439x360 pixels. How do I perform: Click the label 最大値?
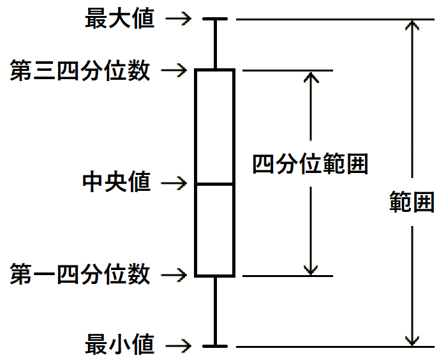point(120,19)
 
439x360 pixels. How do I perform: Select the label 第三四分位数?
point(80,70)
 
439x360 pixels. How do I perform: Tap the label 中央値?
point(117,183)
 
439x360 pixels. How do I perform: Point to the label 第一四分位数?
point(80,275)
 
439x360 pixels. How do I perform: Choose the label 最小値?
point(120,345)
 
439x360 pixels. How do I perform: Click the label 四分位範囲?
point(310,165)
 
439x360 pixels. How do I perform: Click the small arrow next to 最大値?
point(178,19)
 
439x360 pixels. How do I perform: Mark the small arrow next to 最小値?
point(178,346)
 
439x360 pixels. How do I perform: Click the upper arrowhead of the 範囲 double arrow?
point(413,26)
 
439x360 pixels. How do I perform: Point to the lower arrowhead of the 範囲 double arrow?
point(413,340)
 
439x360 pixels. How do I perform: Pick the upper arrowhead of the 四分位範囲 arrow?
point(310,77)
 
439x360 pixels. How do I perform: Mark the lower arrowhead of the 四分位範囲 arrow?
point(310,269)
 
